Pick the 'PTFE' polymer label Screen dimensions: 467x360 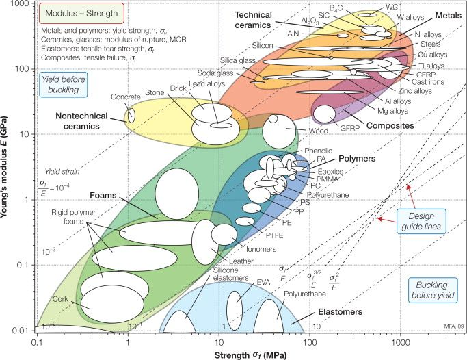click(275, 235)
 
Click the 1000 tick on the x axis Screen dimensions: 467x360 click(400, 340)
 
